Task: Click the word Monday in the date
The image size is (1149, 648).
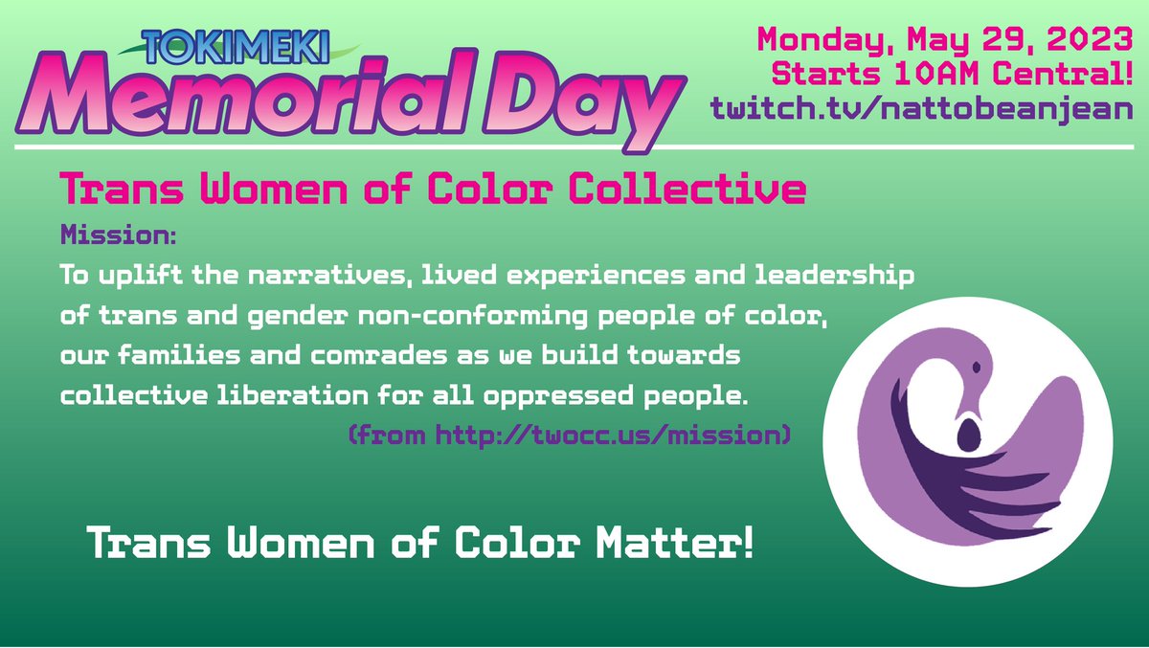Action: (x=811, y=40)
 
